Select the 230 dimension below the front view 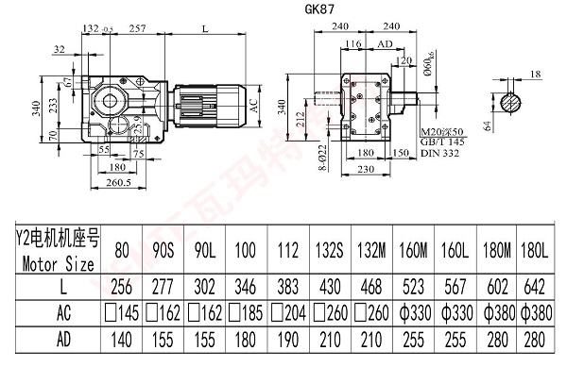tap(369, 169)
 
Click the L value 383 tap(287, 284)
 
